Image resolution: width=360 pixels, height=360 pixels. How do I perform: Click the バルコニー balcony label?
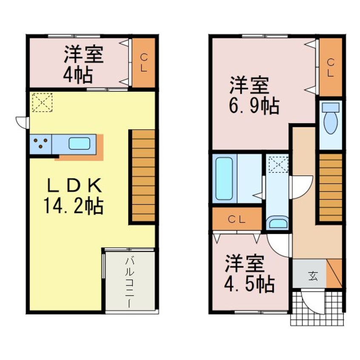pyautogui.click(x=129, y=281)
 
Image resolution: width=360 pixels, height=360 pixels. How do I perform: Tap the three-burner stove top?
pyautogui.click(x=41, y=144)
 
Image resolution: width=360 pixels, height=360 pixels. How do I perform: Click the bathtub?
pyautogui.click(x=224, y=179)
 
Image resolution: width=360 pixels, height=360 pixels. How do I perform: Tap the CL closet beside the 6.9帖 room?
pyautogui.click(x=331, y=67)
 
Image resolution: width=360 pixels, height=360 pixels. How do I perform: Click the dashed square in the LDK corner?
pyautogui.click(x=41, y=103)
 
